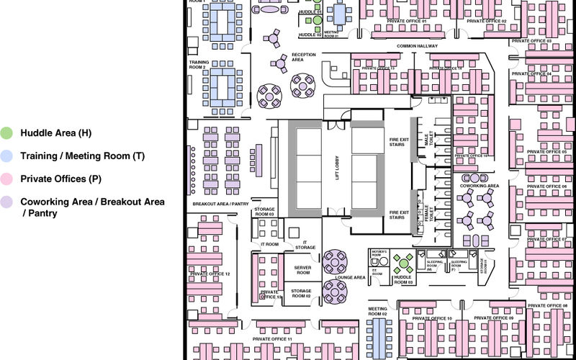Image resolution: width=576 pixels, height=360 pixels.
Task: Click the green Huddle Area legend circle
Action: [x=6, y=132]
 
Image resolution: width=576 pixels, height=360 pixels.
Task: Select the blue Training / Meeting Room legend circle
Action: [x=6, y=156]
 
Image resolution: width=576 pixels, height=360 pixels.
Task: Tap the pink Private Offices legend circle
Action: [x=6, y=179]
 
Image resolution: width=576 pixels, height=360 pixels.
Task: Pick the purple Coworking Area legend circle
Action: [x=6, y=202]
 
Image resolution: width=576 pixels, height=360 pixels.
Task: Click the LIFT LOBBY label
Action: [x=336, y=166]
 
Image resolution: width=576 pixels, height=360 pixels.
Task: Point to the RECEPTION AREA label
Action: [x=303, y=58]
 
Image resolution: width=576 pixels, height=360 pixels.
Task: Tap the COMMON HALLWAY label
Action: [x=417, y=46]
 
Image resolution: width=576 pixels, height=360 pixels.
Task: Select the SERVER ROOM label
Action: [x=303, y=270]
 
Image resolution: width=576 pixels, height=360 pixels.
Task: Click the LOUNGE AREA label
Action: [x=350, y=277]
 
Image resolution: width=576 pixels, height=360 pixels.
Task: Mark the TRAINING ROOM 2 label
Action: [x=199, y=65]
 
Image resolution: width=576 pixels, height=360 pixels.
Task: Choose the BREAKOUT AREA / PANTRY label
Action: [x=220, y=204]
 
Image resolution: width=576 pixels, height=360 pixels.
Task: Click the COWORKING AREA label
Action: [x=480, y=186]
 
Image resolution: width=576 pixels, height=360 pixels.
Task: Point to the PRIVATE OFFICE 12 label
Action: [x=210, y=274]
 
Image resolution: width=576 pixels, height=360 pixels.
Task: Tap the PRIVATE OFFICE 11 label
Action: [x=272, y=338]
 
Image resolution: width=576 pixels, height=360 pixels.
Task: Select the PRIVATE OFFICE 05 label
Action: [x=546, y=152]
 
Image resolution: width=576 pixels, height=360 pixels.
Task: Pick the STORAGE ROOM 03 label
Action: [x=264, y=212]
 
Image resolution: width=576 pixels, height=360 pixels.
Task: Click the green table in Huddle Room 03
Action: [x=403, y=263]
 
